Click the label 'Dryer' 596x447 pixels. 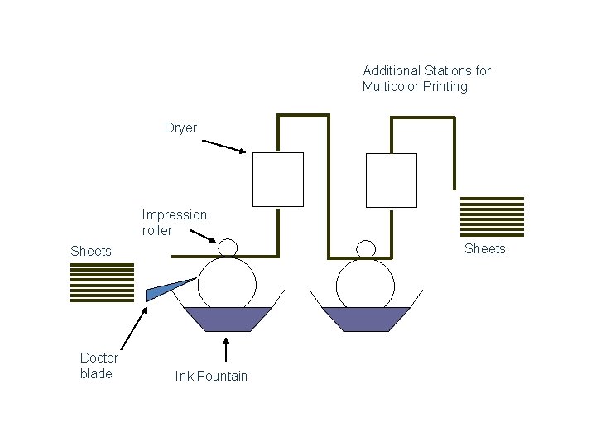click(x=180, y=128)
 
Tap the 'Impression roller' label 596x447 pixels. click(x=174, y=223)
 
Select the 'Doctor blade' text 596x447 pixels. click(x=99, y=366)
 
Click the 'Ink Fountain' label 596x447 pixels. click(x=211, y=377)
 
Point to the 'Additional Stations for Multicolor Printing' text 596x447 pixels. click(x=426, y=79)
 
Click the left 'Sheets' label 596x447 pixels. click(x=91, y=251)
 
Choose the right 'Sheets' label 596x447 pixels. click(x=484, y=248)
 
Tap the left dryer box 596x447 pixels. click(x=277, y=179)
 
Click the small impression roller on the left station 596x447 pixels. click(x=228, y=248)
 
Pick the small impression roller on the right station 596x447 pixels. click(x=365, y=248)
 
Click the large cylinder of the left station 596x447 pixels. click(x=226, y=281)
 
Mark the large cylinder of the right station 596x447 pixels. click(x=364, y=281)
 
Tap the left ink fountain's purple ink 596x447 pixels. click(x=226, y=319)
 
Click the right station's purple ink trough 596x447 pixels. click(x=365, y=319)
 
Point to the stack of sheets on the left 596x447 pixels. click(x=102, y=282)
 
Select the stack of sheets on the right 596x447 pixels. click(x=492, y=216)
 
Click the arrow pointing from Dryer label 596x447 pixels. click(x=223, y=146)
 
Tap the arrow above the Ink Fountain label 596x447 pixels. click(x=226, y=349)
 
